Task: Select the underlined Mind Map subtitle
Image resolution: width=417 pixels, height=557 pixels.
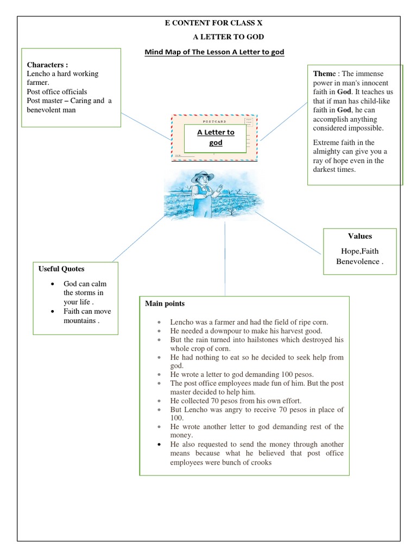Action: [x=214, y=52]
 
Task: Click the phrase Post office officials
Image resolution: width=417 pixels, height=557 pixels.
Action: [x=56, y=91]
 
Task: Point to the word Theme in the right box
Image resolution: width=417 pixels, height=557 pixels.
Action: [x=325, y=74]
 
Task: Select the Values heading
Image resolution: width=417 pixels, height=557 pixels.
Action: [x=359, y=236]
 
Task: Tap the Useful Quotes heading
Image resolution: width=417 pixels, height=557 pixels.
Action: [x=61, y=269]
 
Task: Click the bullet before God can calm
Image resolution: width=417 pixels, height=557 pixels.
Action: [x=52, y=284]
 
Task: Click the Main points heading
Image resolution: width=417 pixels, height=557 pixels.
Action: [x=165, y=304]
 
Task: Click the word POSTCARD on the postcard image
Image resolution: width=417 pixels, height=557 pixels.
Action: [x=214, y=122]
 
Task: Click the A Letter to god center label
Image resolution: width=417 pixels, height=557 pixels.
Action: [x=216, y=137]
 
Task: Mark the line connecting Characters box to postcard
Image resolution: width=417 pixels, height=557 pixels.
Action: [x=146, y=126]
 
